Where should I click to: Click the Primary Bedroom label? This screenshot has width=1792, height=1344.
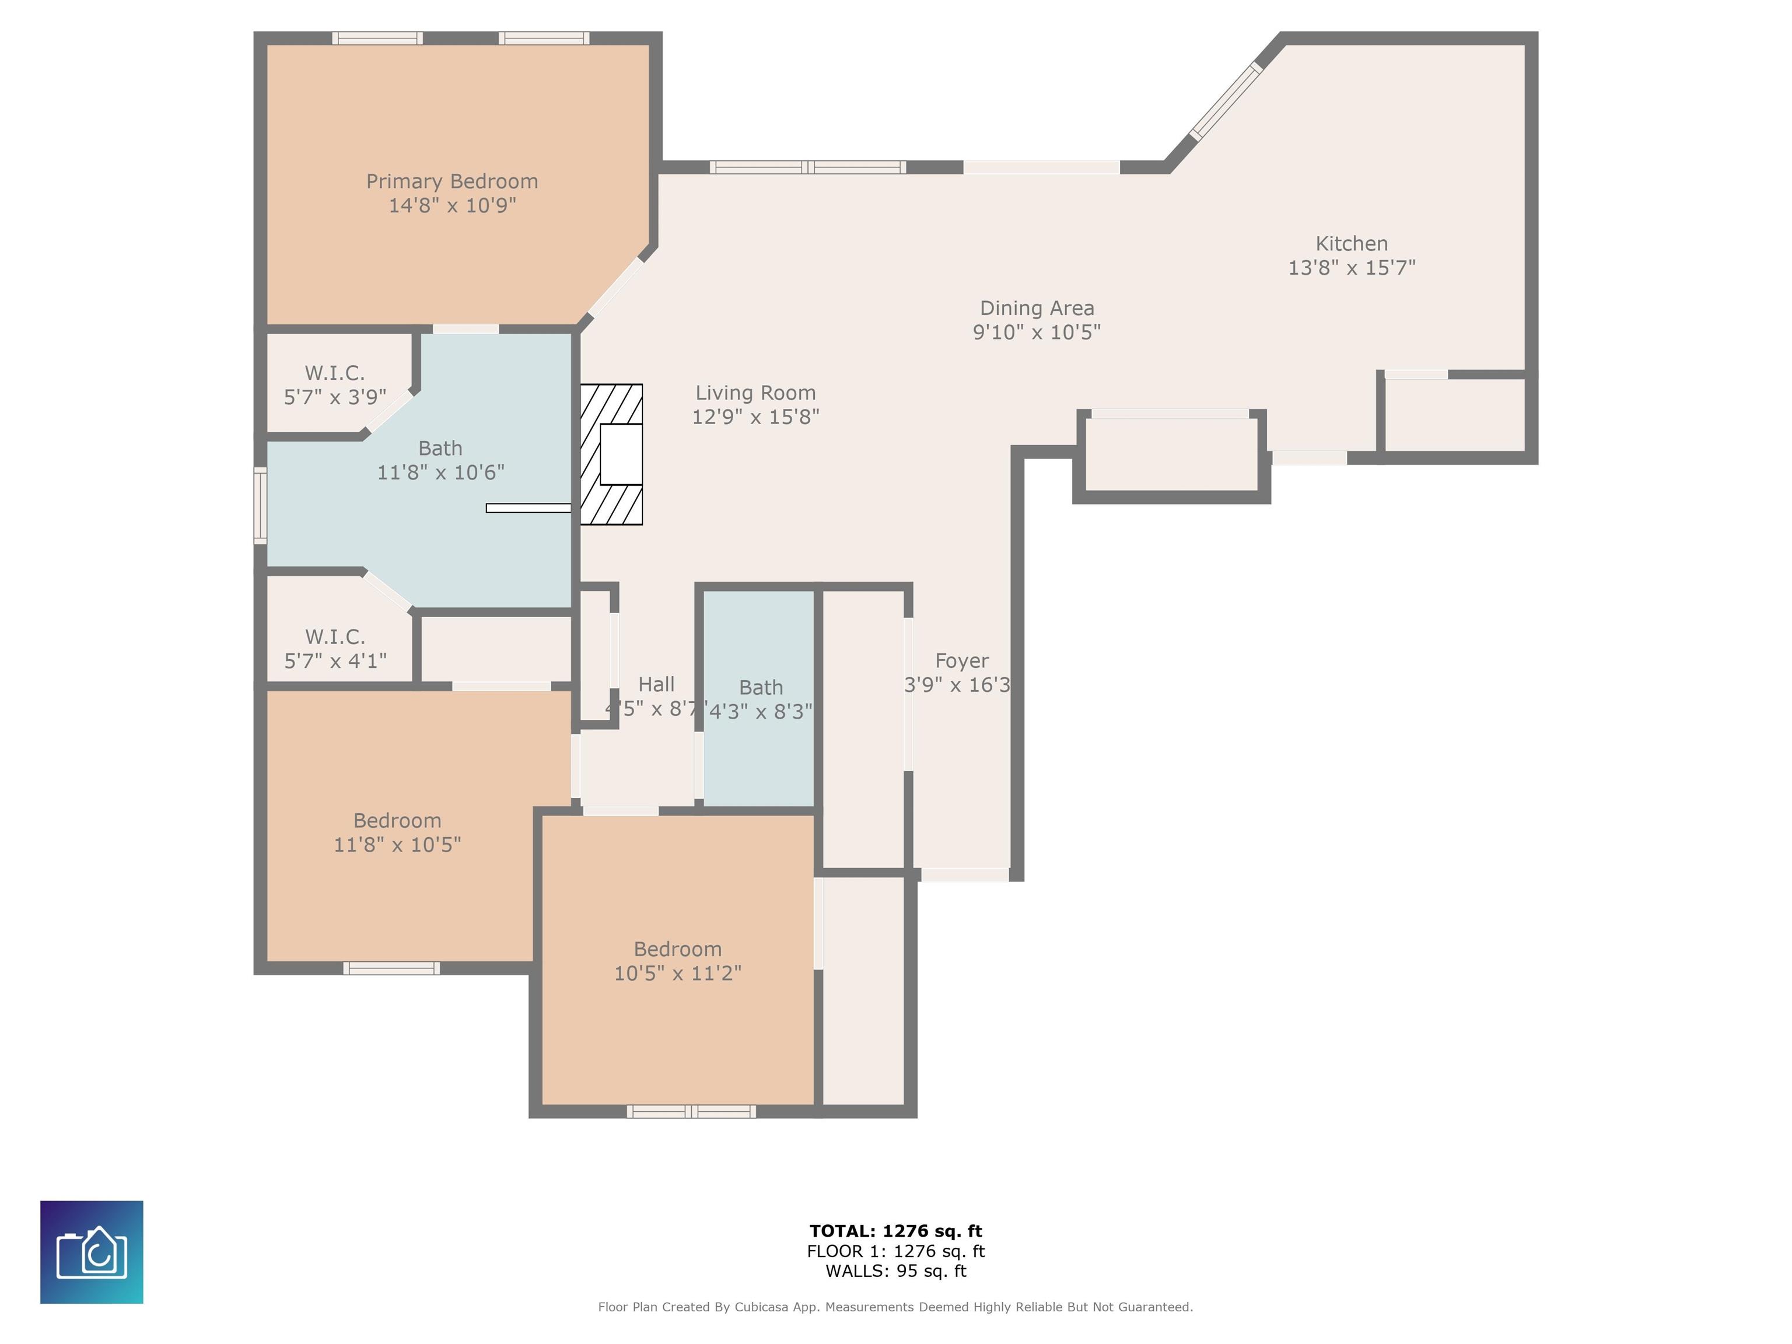[x=452, y=181]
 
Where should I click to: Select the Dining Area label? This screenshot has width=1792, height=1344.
[x=1037, y=308]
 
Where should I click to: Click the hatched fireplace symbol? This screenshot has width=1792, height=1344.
[x=612, y=454]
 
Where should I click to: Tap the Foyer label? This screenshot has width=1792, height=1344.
[x=961, y=661]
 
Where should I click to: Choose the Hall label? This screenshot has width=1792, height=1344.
[x=656, y=685]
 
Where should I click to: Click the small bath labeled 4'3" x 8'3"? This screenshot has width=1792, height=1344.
[x=759, y=698]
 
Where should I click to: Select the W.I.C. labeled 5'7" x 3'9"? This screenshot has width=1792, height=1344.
[x=335, y=384]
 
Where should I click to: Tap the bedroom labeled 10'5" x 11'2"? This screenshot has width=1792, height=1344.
[x=677, y=960]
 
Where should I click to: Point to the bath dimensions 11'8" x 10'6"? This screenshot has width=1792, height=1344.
[x=441, y=473]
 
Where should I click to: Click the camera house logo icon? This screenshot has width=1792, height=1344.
[x=92, y=1252]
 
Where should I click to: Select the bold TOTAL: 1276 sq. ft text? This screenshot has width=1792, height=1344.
[x=896, y=1231]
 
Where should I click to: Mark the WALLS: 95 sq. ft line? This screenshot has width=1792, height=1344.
[x=896, y=1271]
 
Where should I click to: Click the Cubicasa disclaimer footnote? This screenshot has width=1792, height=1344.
[x=895, y=1307]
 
